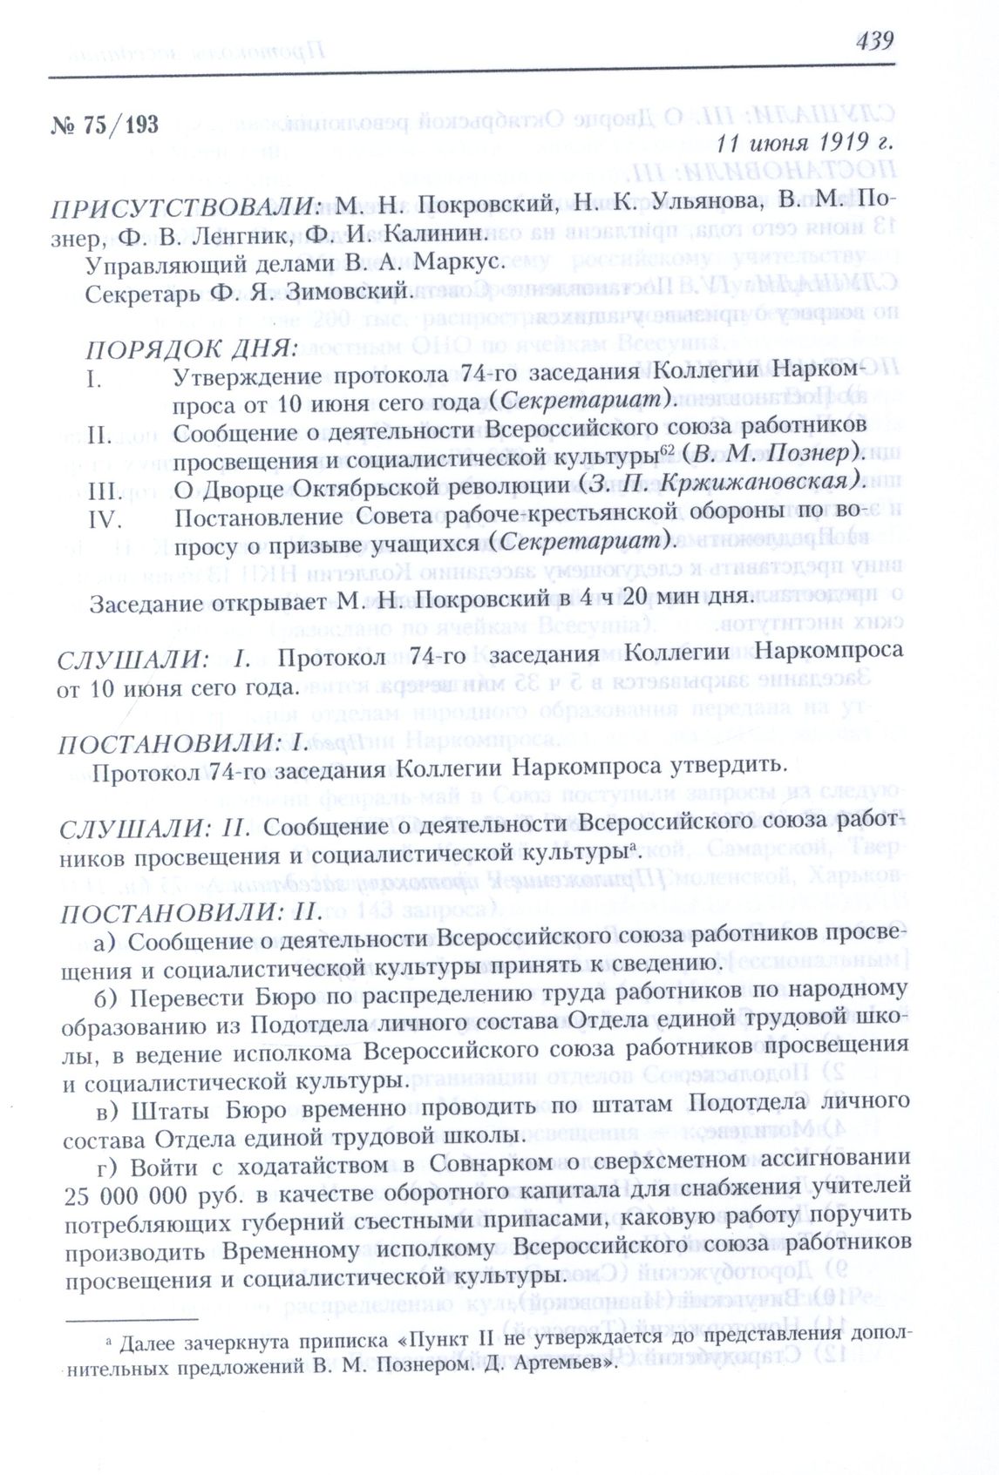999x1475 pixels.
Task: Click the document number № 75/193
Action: [105, 125]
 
